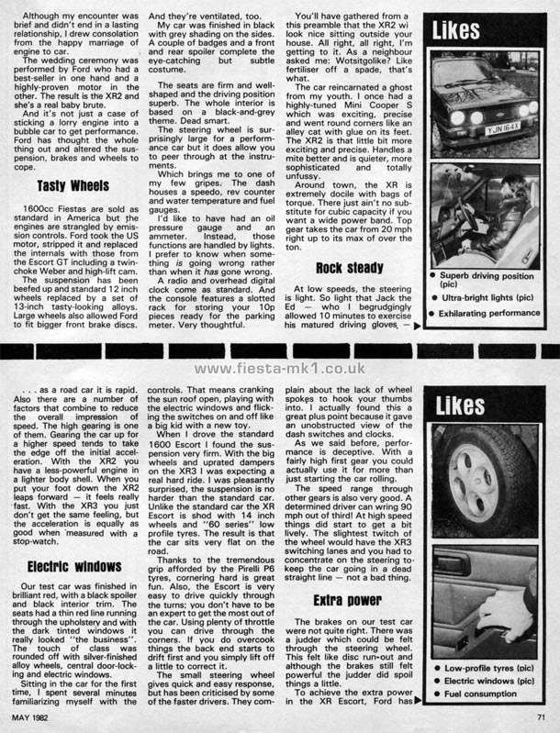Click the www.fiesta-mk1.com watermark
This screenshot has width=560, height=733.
(280, 369)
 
